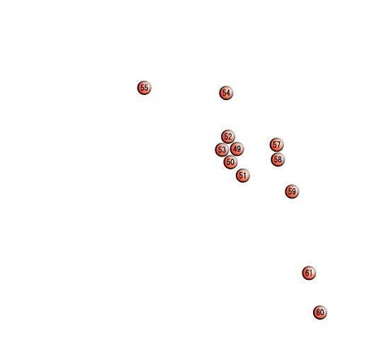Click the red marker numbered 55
pyautogui.click(x=144, y=88)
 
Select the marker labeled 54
pyautogui.click(x=226, y=93)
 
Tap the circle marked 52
pyautogui.click(x=228, y=137)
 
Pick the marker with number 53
pyautogui.click(x=222, y=150)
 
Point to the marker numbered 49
pyautogui.click(x=237, y=149)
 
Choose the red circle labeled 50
pyautogui.click(x=230, y=162)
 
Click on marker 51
pyautogui.click(x=243, y=176)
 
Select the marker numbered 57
pyautogui.click(x=277, y=145)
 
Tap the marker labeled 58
pyautogui.click(x=278, y=159)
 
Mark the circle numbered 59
pyautogui.click(x=292, y=191)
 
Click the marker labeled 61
pyautogui.click(x=309, y=273)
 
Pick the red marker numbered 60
pyautogui.click(x=320, y=313)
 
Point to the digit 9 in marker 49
pyautogui.click(x=239, y=149)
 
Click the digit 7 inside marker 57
pyautogui.click(x=278, y=145)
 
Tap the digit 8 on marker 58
pyautogui.click(x=280, y=159)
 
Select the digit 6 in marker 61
pyautogui.click(x=307, y=273)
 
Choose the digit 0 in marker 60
pyautogui.click(x=322, y=312)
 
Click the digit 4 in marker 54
pyautogui.click(x=228, y=93)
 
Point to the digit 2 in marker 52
pyautogui.click(x=230, y=136)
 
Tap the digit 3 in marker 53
pyautogui.click(x=224, y=150)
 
